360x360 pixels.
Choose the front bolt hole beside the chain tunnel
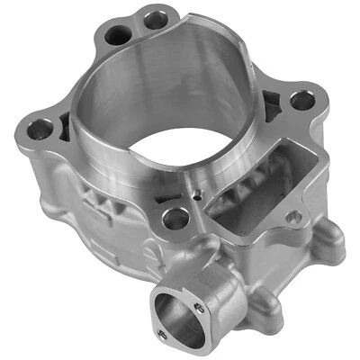click(177, 216)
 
